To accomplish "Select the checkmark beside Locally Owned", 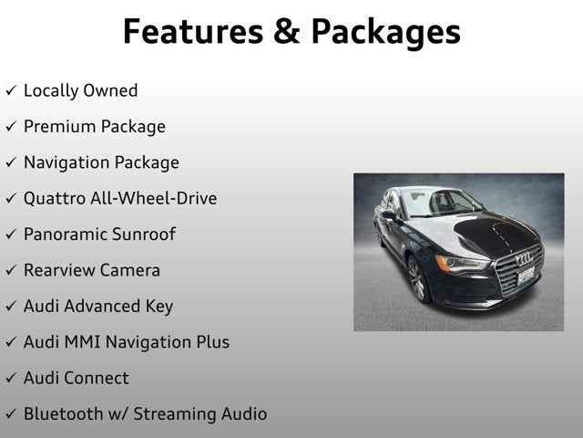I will coord(11,91).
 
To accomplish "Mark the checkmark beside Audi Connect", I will coord(11,379).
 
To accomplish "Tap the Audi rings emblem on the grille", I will coord(525,258).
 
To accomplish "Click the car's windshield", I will coord(441,203).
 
